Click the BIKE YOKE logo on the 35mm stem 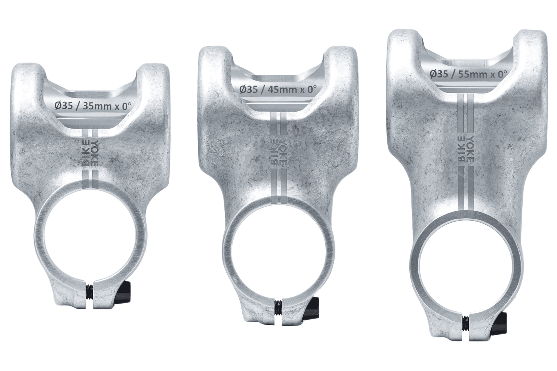90,153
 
